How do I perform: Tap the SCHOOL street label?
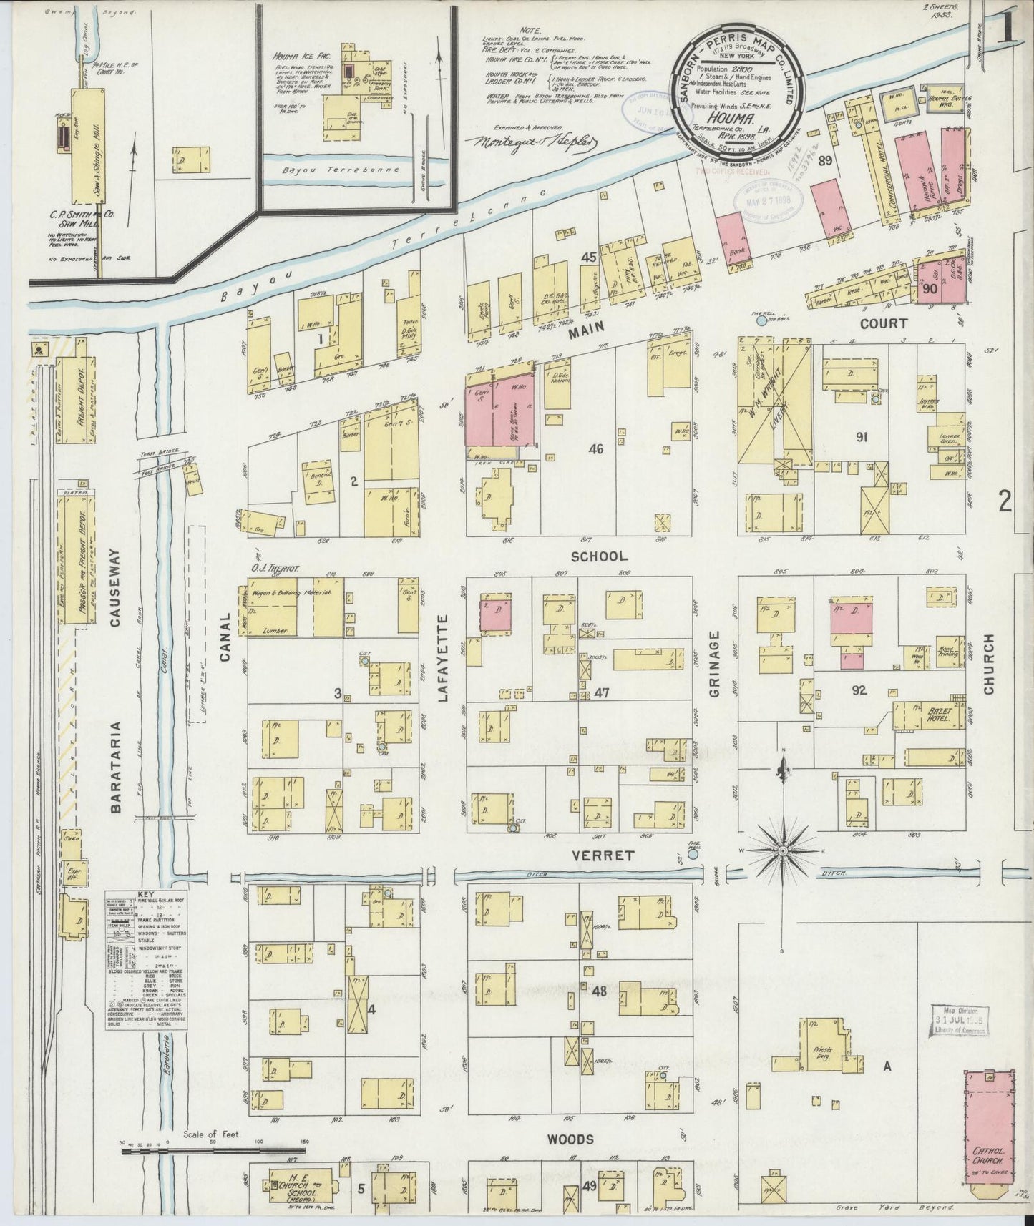pos(600,556)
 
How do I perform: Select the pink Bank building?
pos(731,240)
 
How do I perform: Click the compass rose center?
pos(783,850)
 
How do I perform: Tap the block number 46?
pos(595,449)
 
